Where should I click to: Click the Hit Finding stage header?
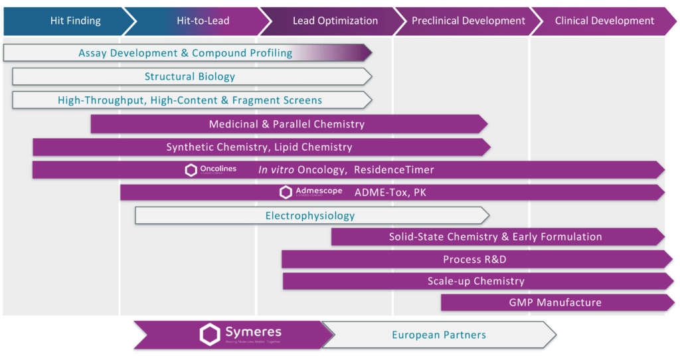pyautogui.click(x=75, y=21)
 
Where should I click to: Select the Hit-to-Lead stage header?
pyautogui.click(x=203, y=21)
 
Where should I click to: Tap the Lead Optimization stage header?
pyautogui.click(x=335, y=21)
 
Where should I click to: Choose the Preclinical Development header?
pyautogui.click(x=469, y=21)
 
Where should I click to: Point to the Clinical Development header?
pyautogui.click(x=604, y=21)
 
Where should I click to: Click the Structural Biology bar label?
pyautogui.click(x=190, y=76)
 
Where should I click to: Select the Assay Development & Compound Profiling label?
pyautogui.click(x=185, y=52)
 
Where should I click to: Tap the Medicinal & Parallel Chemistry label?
pyautogui.click(x=286, y=124)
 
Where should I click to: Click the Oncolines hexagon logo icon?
pyautogui.click(x=191, y=170)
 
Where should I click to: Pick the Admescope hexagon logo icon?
pyautogui.click(x=286, y=193)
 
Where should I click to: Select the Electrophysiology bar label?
pyautogui.click(x=310, y=215)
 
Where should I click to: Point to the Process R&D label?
pyautogui.click(x=475, y=259)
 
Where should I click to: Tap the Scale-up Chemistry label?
pyautogui.click(x=475, y=281)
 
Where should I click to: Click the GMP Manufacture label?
pyautogui.click(x=555, y=302)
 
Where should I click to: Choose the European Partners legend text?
pyautogui.click(x=439, y=335)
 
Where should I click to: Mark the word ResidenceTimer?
pyautogui.click(x=394, y=170)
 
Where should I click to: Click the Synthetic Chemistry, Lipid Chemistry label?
pyautogui.click(x=259, y=147)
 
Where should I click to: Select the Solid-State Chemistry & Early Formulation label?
pyautogui.click(x=495, y=236)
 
